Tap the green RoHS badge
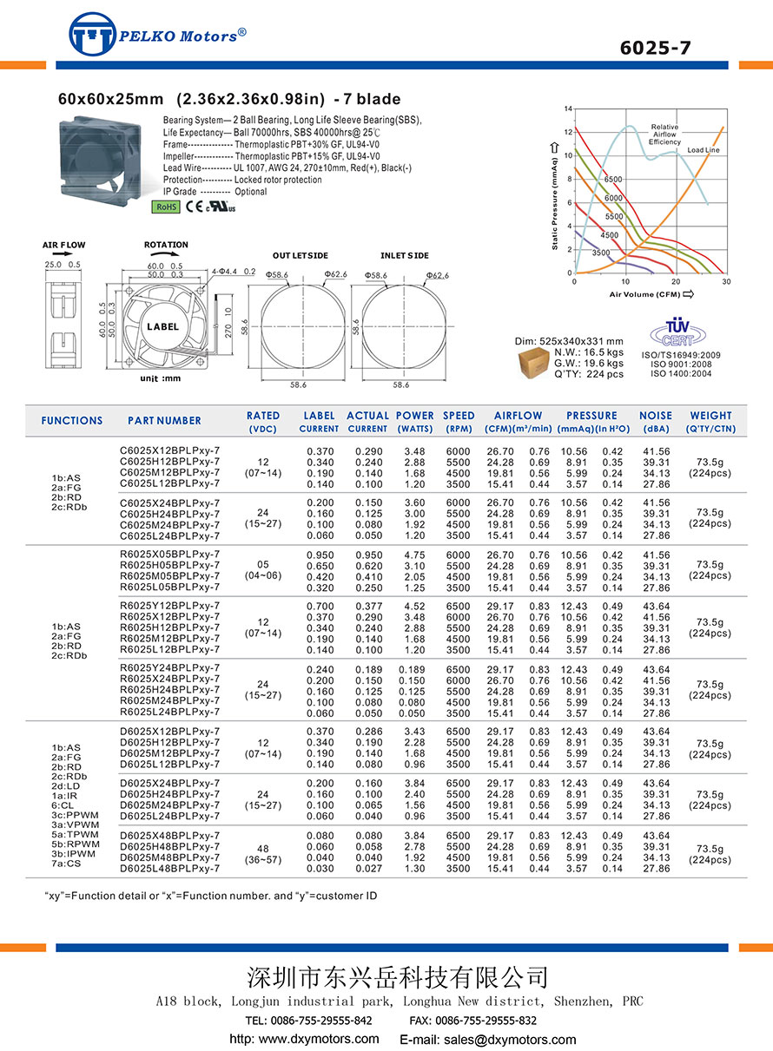click(x=166, y=207)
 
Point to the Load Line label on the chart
click(x=703, y=150)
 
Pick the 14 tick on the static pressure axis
click(x=568, y=108)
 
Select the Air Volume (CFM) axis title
click(x=644, y=295)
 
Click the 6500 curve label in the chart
click(x=613, y=180)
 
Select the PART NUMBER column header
click(x=164, y=421)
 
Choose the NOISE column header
click(x=656, y=416)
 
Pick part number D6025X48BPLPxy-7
click(x=169, y=835)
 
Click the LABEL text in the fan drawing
click(x=162, y=327)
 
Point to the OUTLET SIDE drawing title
click(x=300, y=256)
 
